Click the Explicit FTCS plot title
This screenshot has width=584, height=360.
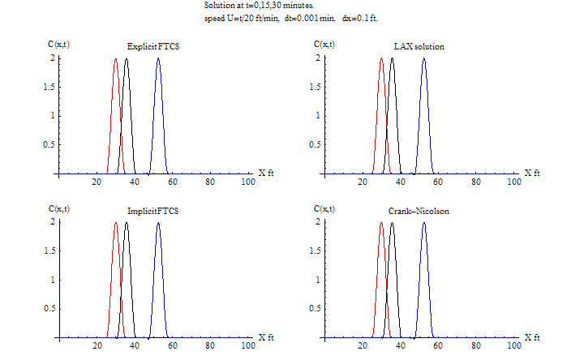click(x=153, y=46)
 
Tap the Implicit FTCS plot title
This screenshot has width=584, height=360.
click(x=153, y=211)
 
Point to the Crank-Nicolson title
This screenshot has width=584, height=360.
click(x=419, y=211)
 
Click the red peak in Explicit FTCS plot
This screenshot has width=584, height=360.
click(x=116, y=60)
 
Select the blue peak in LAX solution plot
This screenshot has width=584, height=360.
click(x=423, y=60)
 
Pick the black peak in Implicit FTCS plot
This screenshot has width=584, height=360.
click(x=127, y=224)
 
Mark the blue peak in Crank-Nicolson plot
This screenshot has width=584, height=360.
click(x=423, y=224)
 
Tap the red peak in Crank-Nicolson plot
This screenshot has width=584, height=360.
click(x=381, y=224)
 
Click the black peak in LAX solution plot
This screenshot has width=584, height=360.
click(x=392, y=60)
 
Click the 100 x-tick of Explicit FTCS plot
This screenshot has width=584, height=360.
click(x=248, y=182)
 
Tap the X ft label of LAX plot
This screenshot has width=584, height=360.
click(x=531, y=173)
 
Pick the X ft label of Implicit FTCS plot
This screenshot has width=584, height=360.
click(x=266, y=336)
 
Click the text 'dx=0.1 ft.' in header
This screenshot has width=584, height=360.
click(x=355, y=19)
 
